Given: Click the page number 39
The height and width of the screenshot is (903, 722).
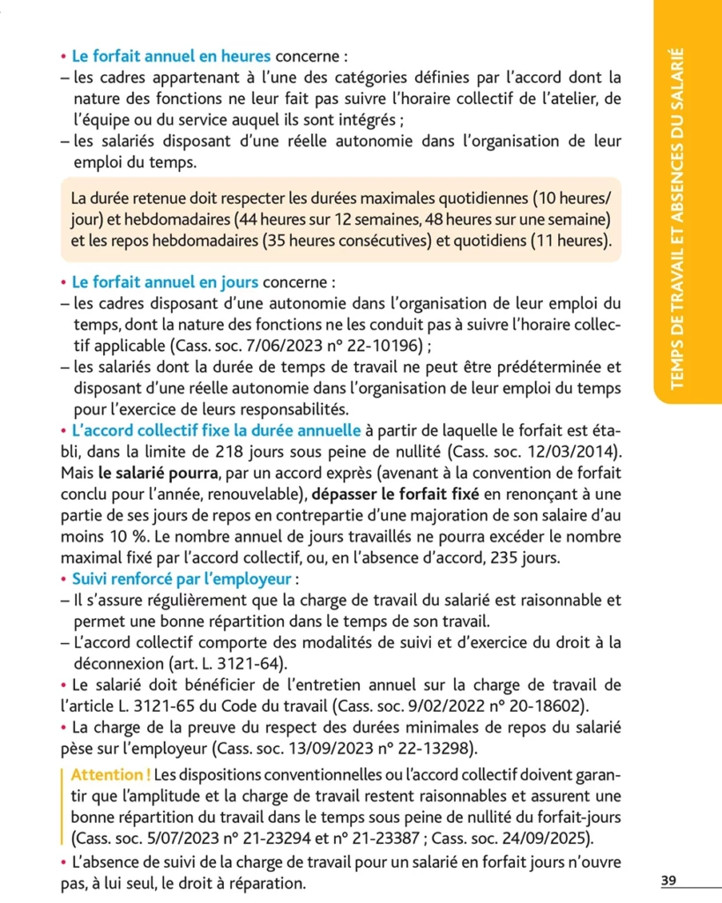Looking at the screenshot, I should pos(667,881).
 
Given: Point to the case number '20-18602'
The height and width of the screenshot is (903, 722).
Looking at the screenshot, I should pos(545,706).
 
